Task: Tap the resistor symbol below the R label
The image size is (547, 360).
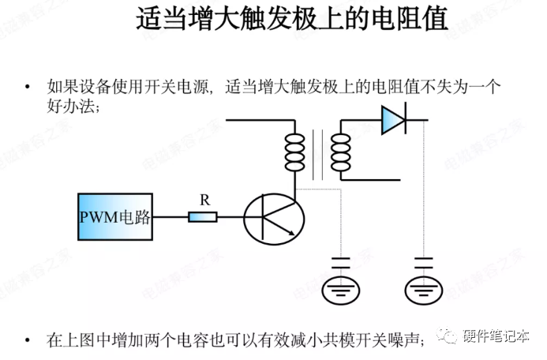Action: (x=203, y=216)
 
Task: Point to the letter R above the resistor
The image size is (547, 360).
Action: (x=204, y=201)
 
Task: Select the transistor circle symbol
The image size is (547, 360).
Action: (x=273, y=216)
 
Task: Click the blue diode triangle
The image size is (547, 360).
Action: (x=392, y=119)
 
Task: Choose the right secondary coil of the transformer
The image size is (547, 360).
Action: (x=341, y=152)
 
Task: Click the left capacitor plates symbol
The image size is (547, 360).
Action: (x=341, y=262)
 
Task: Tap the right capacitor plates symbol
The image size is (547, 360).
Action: (x=424, y=262)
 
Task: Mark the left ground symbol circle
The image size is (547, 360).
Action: (x=341, y=291)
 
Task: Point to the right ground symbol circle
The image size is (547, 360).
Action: (x=424, y=291)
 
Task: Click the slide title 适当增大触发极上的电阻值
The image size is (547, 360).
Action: (x=292, y=19)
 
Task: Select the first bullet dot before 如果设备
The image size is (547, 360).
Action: (x=28, y=86)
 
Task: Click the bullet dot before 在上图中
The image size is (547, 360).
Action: (x=28, y=340)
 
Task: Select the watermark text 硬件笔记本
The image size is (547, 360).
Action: (x=496, y=336)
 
